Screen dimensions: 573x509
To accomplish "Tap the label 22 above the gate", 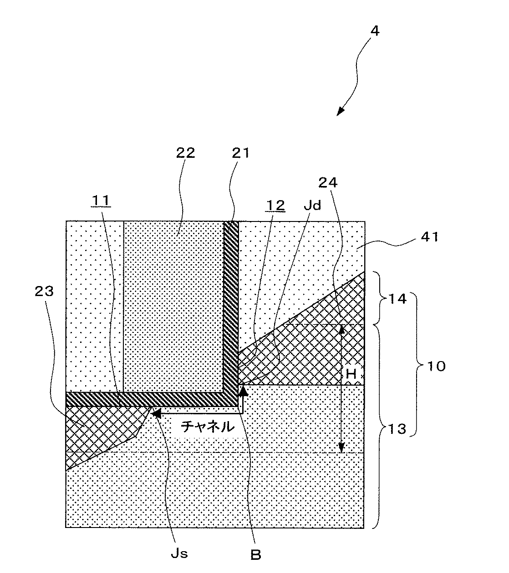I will click(x=185, y=153).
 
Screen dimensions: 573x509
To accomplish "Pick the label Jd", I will click(x=313, y=205).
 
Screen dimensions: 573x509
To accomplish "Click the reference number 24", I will click(x=341, y=182).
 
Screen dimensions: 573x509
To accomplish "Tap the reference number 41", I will click(x=428, y=237).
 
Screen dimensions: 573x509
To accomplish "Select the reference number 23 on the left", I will click(x=44, y=291).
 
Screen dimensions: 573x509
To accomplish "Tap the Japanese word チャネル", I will click(x=208, y=427).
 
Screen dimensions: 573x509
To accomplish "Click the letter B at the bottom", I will click(x=256, y=554).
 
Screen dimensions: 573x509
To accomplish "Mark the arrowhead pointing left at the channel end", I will click(x=156, y=413).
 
